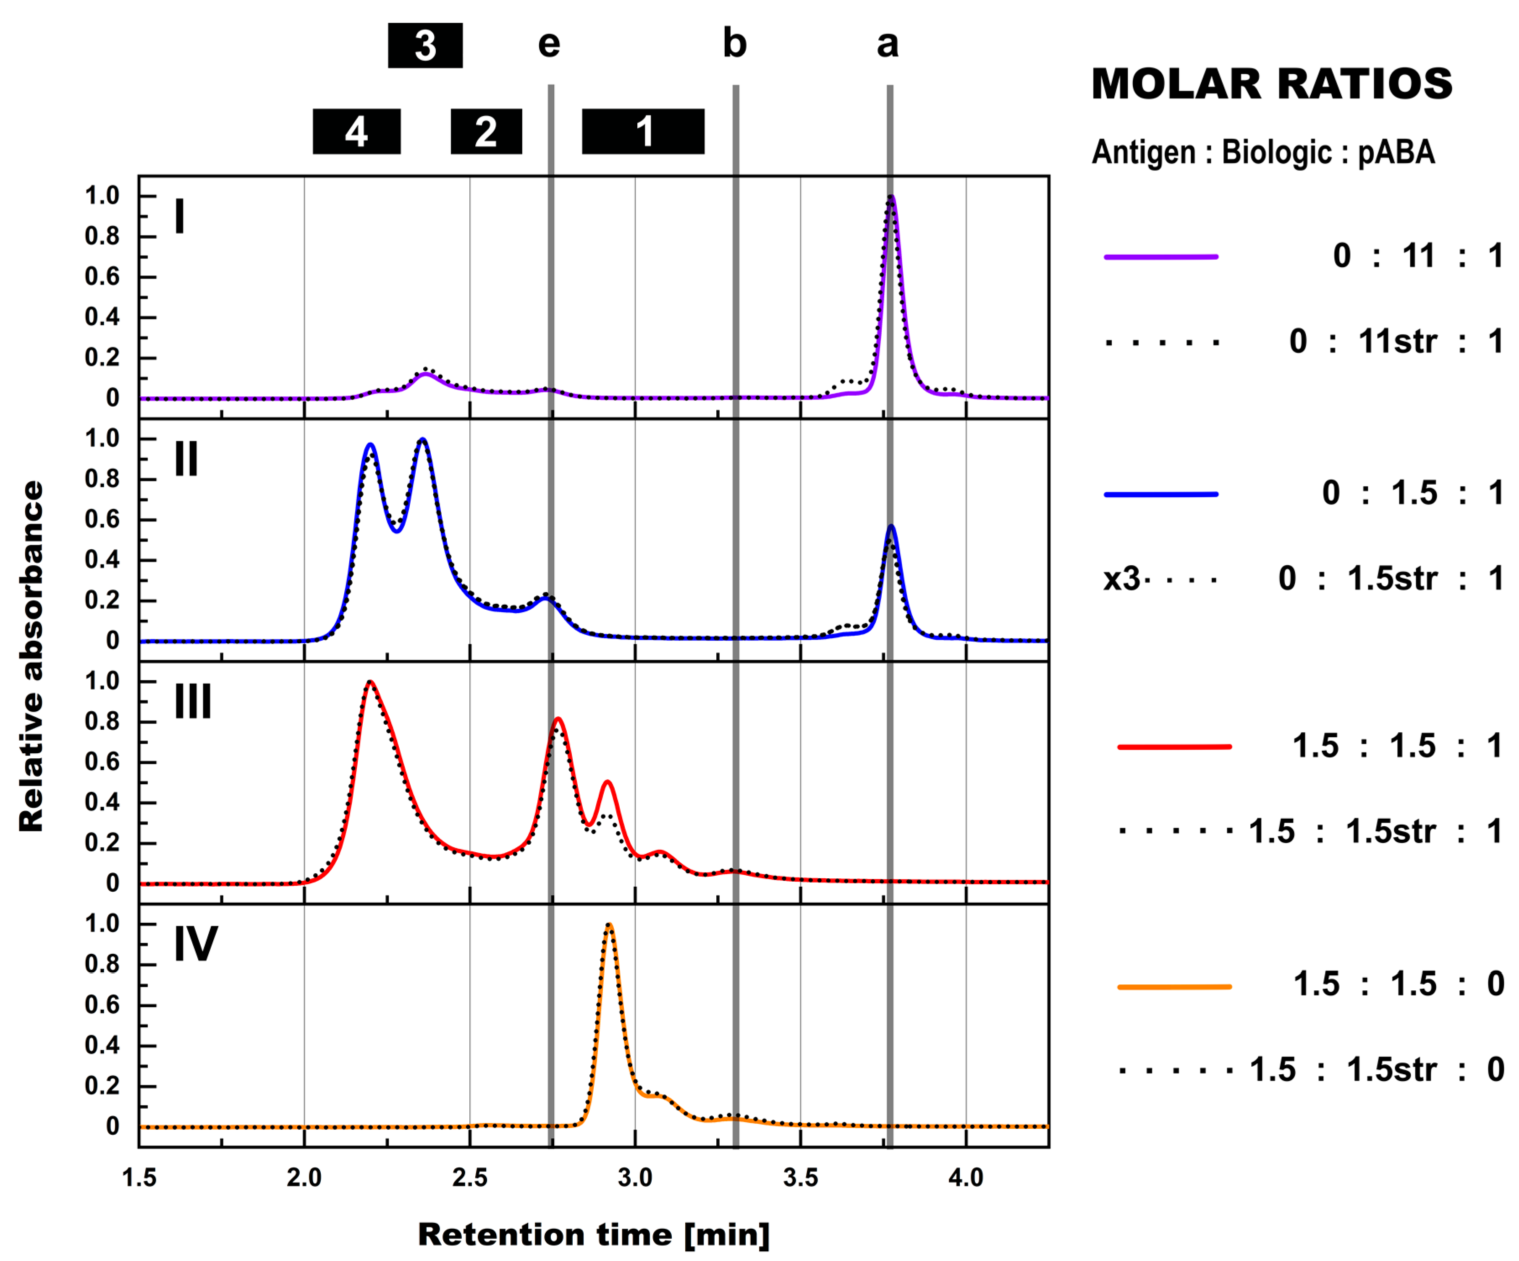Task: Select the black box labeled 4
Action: pyautogui.click(x=356, y=132)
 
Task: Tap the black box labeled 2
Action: pyautogui.click(x=486, y=132)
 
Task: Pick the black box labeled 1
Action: pyautogui.click(x=643, y=132)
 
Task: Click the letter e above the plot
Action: pyautogui.click(x=549, y=45)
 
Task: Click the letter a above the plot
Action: pyautogui.click(x=888, y=45)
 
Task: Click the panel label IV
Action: pyautogui.click(x=195, y=944)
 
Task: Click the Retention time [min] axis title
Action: pyautogui.click(x=593, y=1234)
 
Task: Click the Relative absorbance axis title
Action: pyautogui.click(x=31, y=657)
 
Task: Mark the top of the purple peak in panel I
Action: pyautogui.click(x=891, y=197)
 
